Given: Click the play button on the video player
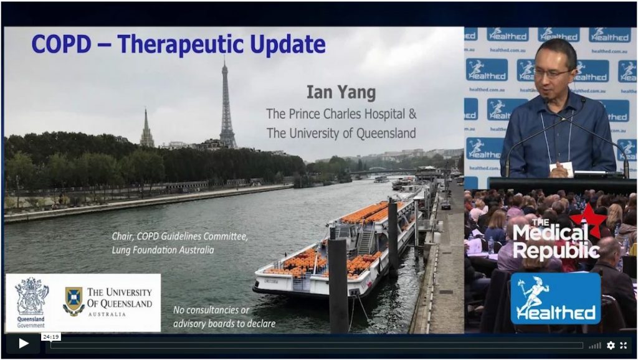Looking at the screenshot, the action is pos(23,344).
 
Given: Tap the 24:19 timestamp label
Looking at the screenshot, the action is pos(51,337).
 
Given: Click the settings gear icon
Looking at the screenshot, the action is pos(611,345).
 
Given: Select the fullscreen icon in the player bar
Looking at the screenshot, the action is pos(623,345).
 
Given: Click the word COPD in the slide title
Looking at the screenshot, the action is pos(62,44).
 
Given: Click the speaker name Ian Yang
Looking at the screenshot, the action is pos(341,92).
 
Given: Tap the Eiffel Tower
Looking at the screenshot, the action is pos(227,106).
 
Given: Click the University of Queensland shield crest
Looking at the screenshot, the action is pos(74,301).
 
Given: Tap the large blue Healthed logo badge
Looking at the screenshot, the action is pos(555,298).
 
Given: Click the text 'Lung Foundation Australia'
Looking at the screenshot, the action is pos(163,250).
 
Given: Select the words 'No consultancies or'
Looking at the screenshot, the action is pos(211,310).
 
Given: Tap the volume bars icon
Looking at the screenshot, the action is pos(595,346).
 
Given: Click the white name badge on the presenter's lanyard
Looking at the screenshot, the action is pos(561,169).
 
